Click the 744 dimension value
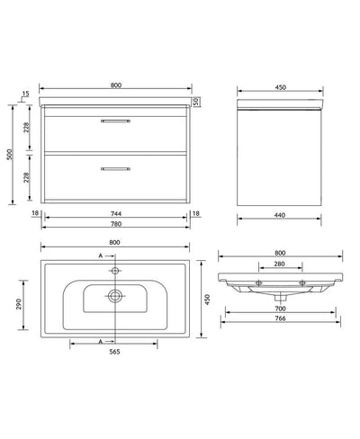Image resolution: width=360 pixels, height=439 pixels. [x=117, y=212]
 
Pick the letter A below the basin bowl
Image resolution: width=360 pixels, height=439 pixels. [x=101, y=340]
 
